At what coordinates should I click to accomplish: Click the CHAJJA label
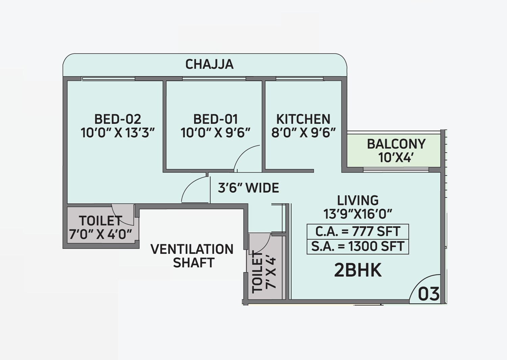(209, 64)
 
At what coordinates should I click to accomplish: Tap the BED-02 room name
(117, 119)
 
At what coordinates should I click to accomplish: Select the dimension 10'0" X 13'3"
(117, 133)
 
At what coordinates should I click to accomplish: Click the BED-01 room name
(215, 119)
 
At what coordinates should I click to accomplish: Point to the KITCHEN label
(303, 119)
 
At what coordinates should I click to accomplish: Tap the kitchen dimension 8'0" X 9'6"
(303, 133)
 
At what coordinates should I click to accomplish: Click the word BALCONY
(396, 144)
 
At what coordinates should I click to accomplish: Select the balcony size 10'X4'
(396, 158)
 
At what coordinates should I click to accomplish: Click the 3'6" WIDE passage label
(248, 188)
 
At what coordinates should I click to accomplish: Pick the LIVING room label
(358, 200)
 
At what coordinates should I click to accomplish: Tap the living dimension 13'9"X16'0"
(358, 214)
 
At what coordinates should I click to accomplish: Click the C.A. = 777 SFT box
(358, 231)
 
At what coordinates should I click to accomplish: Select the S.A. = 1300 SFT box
(358, 246)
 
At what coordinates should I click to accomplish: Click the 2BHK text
(358, 270)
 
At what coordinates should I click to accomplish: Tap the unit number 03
(429, 294)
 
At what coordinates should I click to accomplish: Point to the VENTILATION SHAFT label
(192, 256)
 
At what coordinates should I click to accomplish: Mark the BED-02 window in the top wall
(108, 79)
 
